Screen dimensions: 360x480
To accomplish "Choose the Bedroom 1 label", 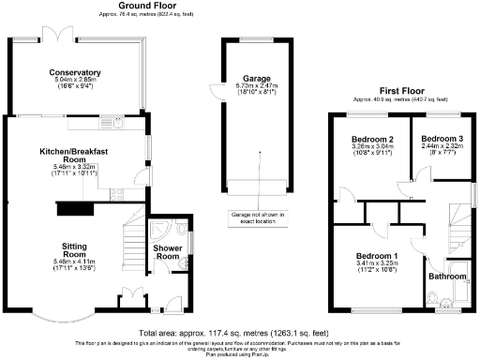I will click(376, 257).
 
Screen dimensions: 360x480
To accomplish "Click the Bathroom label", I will click(446, 277).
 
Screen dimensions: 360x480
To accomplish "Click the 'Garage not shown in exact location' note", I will click(257, 217).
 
